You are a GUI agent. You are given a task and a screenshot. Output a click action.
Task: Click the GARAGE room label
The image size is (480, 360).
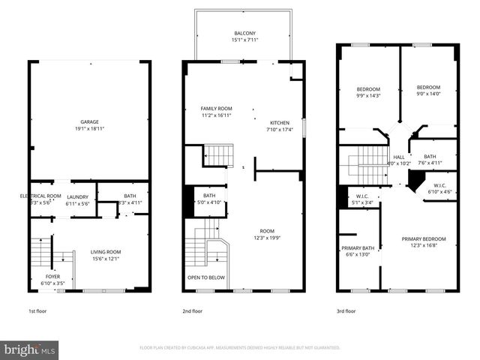(x=90, y=121)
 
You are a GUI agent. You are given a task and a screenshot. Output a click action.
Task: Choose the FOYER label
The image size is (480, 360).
(x=52, y=276)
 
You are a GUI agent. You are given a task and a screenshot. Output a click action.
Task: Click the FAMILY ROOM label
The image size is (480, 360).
(x=215, y=109)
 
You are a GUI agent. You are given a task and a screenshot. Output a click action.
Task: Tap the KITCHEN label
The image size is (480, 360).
(x=280, y=123)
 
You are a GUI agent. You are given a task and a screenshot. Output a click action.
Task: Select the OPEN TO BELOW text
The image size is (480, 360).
(x=206, y=277)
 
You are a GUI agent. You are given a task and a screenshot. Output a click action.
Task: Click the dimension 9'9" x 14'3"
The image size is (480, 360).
(x=367, y=95)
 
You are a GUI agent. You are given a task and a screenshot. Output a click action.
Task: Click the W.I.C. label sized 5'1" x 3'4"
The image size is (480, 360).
(x=363, y=202)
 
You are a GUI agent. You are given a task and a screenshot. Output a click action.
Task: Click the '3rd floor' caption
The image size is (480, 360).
(x=346, y=310)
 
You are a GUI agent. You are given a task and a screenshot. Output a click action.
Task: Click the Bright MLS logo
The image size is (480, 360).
(x=30, y=349)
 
